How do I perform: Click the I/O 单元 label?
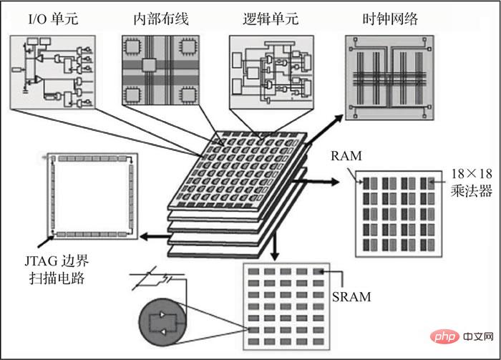tap(52, 16)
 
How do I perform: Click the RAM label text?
tap(346, 155)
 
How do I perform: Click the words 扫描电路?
tap(57, 278)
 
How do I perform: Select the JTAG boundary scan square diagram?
tap(90, 195)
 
